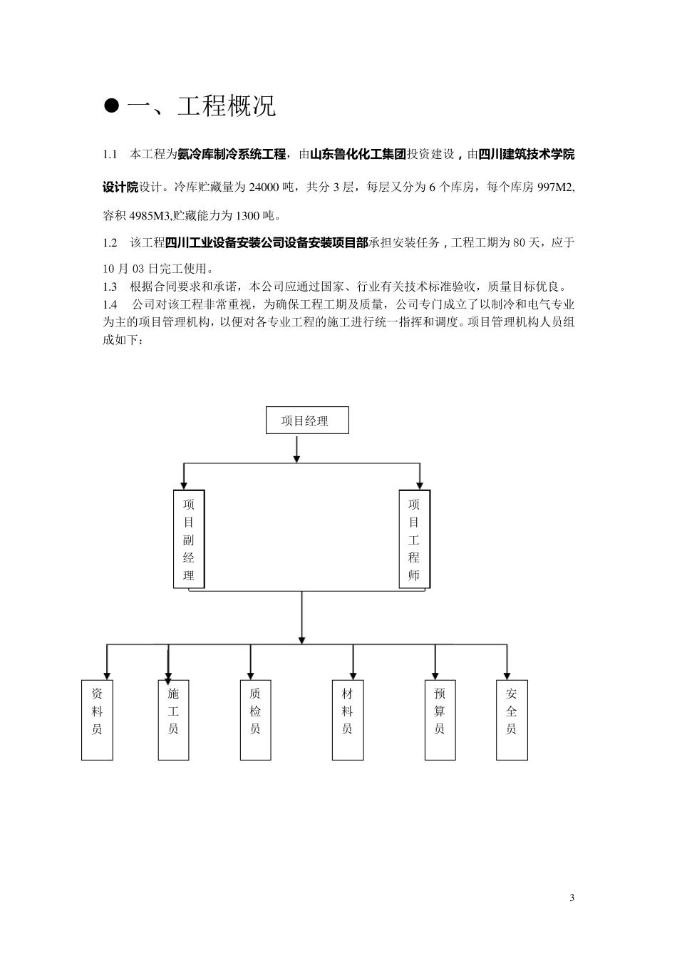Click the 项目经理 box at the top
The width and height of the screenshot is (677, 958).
pos(307,421)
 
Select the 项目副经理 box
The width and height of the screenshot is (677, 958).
pos(189,539)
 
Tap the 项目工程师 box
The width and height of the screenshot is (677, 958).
pos(414,539)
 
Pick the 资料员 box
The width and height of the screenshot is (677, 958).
pos(97,720)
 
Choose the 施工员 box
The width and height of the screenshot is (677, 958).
pos(173,720)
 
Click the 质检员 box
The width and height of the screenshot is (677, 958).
pos(255,720)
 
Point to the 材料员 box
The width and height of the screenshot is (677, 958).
pos(347,720)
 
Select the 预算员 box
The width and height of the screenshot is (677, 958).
pos(440,720)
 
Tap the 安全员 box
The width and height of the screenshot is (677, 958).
pos(512,720)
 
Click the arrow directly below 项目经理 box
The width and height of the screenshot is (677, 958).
pos(296,449)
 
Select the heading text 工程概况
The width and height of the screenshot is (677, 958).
pos(226,106)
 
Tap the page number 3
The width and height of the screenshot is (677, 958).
pos(572,897)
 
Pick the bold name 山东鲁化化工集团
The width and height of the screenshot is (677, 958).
pos(358,153)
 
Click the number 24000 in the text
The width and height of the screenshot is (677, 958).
pos(264,187)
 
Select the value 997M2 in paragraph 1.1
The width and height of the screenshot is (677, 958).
pos(557,187)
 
